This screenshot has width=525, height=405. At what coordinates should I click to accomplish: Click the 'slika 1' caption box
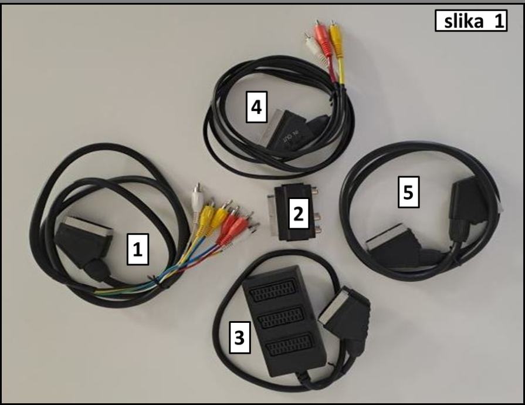[x=470, y=22]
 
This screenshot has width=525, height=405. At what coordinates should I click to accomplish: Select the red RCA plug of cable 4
[x=321, y=38]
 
